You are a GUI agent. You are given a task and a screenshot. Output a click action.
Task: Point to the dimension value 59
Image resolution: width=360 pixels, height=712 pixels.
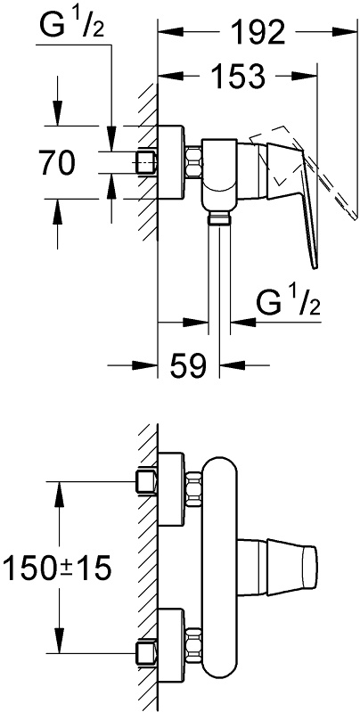coord(189,364)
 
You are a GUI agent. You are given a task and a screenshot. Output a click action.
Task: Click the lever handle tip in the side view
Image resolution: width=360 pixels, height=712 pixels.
coord(315,266)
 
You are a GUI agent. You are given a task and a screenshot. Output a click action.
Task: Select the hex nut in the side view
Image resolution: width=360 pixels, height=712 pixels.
coord(194,162)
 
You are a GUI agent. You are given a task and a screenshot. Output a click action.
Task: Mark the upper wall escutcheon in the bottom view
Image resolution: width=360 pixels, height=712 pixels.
coord(172,488)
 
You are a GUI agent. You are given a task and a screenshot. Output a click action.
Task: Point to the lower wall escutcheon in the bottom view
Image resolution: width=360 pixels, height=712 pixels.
coord(172,644)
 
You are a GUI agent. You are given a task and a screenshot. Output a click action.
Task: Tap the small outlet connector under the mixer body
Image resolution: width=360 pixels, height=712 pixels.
coord(219,219)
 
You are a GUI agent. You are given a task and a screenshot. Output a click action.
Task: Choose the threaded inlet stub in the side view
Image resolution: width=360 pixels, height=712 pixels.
coord(146,162)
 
